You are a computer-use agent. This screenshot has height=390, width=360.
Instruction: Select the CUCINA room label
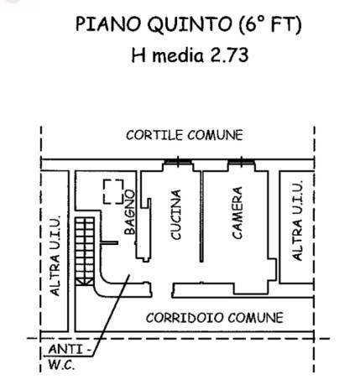pos(176,216)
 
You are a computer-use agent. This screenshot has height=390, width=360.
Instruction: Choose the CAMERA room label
pos(237,213)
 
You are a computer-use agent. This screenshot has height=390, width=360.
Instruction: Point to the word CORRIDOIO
pos(183,318)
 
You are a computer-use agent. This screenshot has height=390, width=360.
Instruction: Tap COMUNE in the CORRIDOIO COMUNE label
pos(255,318)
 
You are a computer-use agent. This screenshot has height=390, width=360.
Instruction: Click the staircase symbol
pos(82,252)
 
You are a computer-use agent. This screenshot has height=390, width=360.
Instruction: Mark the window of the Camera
pos(241,161)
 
